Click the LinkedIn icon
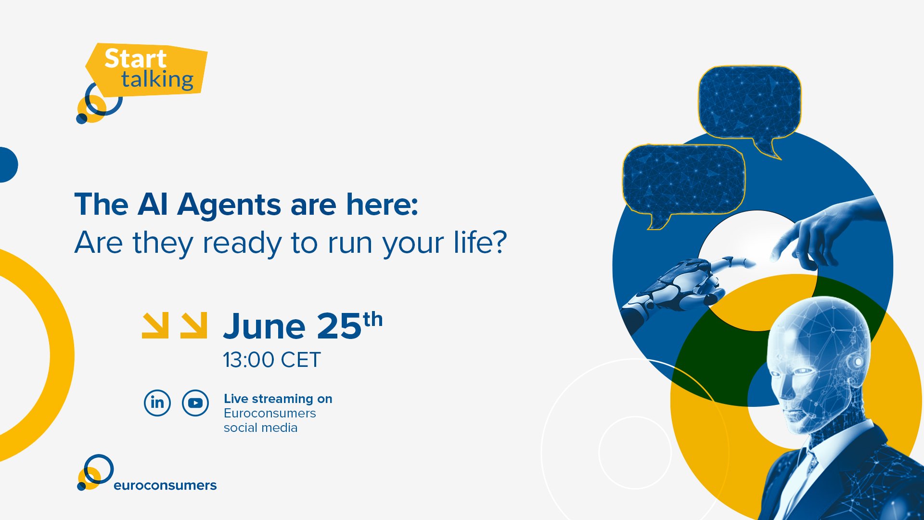pyautogui.click(x=157, y=403)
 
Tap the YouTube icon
pyautogui.click(x=195, y=403)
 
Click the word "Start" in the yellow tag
pyautogui.click(x=135, y=59)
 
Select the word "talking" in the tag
pyautogui.click(x=157, y=80)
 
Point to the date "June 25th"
pyautogui.click(x=303, y=326)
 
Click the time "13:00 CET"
pyautogui.click(x=271, y=360)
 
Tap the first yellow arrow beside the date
pyautogui.click(x=155, y=325)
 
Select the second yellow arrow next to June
pyautogui.click(x=194, y=325)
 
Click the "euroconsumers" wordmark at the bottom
pyautogui.click(x=165, y=485)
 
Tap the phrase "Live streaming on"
pyautogui.click(x=278, y=399)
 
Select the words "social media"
pyautogui.click(x=260, y=428)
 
